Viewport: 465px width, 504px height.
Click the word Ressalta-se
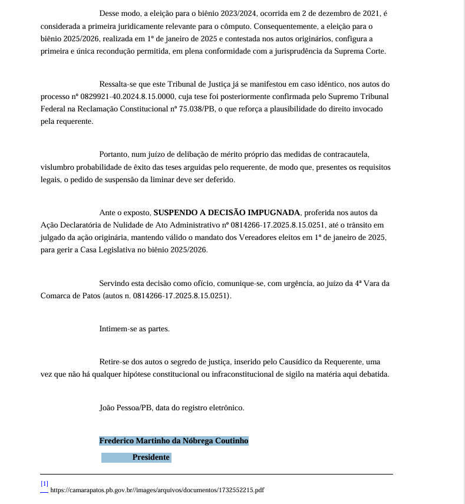click(x=117, y=84)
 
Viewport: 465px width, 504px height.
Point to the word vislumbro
click(x=58, y=167)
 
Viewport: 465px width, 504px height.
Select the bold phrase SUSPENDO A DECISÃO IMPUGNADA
click(x=227, y=212)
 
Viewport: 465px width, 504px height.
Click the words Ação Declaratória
click(x=70, y=225)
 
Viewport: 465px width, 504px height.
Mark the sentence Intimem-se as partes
click(x=134, y=328)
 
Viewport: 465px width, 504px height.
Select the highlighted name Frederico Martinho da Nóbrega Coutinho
click(x=174, y=440)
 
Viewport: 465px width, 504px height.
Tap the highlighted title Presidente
click(x=151, y=457)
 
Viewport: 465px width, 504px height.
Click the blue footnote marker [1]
click(x=44, y=483)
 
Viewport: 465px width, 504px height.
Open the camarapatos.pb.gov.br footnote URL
click(x=157, y=489)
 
